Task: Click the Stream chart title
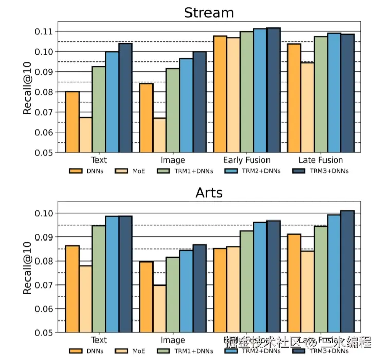point(208,12)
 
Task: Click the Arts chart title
point(208,193)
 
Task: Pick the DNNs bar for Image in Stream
point(146,117)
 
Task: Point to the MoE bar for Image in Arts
point(159,308)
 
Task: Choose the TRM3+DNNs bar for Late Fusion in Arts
point(347,271)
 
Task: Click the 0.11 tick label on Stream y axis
point(45,32)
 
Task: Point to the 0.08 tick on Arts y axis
point(45,261)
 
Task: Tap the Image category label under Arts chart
point(173,340)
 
